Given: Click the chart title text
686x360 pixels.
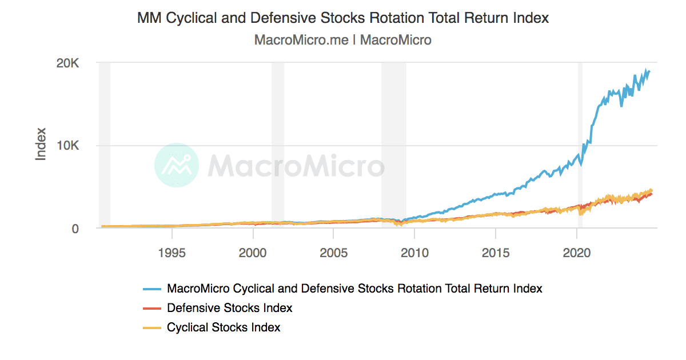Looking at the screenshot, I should [x=343, y=18].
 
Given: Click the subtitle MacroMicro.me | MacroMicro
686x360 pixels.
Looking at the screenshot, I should [x=343, y=40].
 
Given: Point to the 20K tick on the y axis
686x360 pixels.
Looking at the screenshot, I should [x=71, y=63].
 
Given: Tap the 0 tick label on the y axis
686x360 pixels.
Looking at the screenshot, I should [x=75, y=229].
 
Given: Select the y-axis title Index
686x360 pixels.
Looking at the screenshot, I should [x=41, y=146].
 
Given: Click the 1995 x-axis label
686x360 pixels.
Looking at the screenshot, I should [x=172, y=253].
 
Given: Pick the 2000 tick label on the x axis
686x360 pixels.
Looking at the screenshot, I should [x=253, y=253].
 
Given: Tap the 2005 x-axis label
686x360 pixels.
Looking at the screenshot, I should [x=334, y=253].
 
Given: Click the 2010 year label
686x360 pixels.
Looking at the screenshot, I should [x=414, y=253].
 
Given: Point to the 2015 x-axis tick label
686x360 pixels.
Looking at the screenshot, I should [x=496, y=253].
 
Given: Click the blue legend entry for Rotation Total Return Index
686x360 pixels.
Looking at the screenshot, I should [x=354, y=289].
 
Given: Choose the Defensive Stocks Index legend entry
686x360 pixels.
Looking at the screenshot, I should [x=229, y=308].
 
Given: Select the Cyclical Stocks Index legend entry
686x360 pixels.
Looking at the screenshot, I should [x=224, y=327].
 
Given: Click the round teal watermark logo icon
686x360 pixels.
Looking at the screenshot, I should [x=177, y=166].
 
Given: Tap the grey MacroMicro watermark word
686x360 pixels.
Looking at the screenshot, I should [x=296, y=166].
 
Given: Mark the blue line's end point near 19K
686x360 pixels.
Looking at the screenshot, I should [x=649, y=71].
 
